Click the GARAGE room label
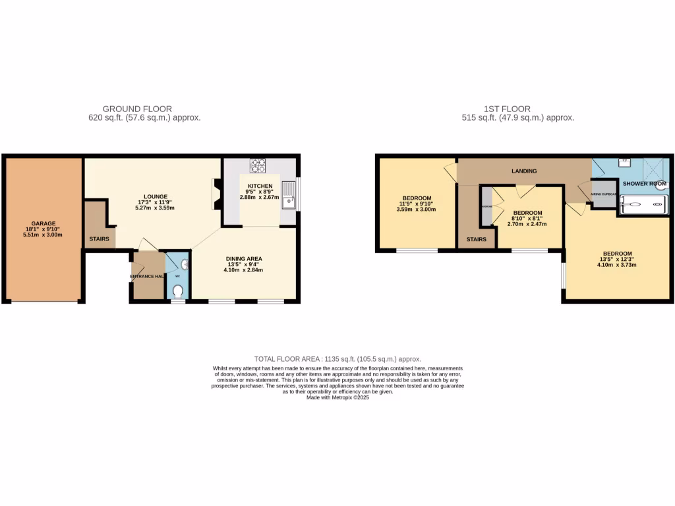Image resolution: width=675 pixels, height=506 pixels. [44, 223]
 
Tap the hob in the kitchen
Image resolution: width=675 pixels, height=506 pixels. [257, 165]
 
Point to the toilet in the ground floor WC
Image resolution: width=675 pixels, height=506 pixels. [177, 290]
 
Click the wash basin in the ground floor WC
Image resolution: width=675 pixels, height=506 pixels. [184, 264]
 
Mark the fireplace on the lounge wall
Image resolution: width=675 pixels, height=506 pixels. [216, 195]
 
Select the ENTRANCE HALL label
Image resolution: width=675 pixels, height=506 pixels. [146, 276]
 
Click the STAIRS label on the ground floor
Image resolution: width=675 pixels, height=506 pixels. [99, 239]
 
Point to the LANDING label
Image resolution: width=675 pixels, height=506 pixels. [524, 171]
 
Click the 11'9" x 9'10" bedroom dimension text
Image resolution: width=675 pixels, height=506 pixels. [416, 204]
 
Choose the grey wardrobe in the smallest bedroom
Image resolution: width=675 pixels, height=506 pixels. [486, 206]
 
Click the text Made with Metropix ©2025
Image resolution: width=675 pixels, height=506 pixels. [337, 397]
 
